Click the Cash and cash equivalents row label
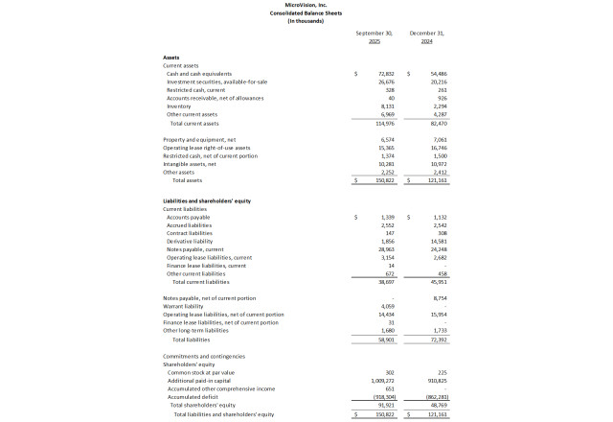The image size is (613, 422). coord(199,74)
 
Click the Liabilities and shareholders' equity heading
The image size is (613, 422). coord(209,200)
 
